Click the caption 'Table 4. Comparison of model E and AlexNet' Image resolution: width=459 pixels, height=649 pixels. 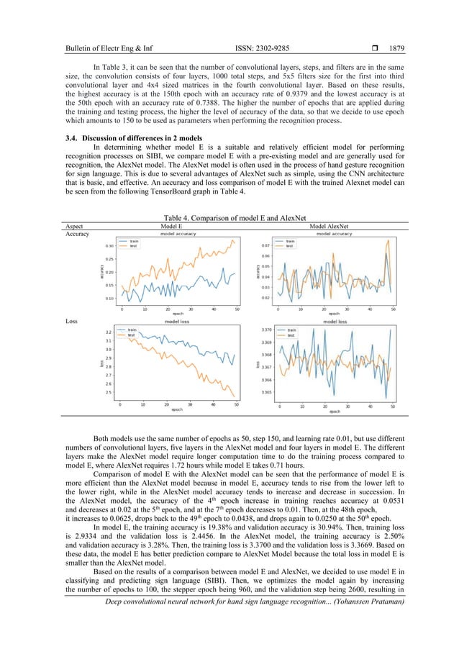[229, 216]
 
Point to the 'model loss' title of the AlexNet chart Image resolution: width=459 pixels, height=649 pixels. [335, 322]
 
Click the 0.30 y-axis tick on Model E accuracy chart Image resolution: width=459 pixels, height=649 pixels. [109, 246]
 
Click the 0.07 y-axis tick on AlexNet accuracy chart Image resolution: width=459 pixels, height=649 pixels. [266, 244]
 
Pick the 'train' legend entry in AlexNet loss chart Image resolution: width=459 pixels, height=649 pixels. [292, 330]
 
